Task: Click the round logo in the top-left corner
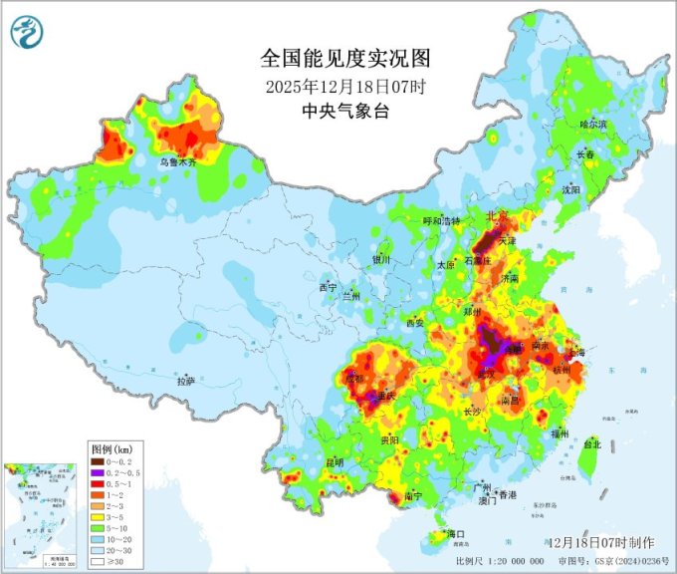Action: tap(27, 34)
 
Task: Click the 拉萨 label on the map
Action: tap(186, 381)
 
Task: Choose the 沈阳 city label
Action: tap(569, 188)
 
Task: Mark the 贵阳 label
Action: tap(389, 438)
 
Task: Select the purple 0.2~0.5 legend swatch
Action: tap(98, 472)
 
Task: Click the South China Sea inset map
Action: tap(42, 517)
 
